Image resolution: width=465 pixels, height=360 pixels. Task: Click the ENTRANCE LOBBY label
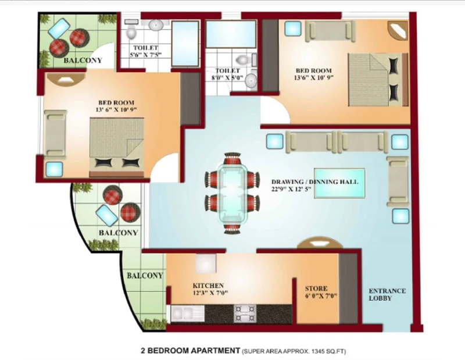click(387, 294)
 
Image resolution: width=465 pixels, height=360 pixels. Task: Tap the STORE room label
click(316, 288)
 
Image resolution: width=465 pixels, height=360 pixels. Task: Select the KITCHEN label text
click(208, 286)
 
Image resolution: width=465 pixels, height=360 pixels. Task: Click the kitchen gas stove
click(245, 313)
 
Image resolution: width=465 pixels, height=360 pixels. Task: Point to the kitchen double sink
click(188, 314)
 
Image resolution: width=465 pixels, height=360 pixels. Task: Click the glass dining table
click(233, 193)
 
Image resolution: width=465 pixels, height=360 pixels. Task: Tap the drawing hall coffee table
click(339, 183)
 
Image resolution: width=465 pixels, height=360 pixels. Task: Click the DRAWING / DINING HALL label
click(314, 181)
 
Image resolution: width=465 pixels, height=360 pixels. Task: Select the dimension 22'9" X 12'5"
click(291, 188)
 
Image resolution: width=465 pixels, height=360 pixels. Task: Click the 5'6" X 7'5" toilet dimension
click(146, 55)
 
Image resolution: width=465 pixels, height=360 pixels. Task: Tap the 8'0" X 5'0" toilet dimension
click(227, 78)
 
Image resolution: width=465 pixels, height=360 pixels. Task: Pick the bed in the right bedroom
click(377, 80)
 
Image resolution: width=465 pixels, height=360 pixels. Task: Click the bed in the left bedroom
click(117, 148)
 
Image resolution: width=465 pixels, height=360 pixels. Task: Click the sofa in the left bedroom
click(55, 133)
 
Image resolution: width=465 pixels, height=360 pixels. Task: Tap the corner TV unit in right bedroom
click(398, 30)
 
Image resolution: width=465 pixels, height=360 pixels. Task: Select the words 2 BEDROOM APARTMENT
click(191, 351)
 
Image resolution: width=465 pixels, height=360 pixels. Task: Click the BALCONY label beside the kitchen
click(145, 276)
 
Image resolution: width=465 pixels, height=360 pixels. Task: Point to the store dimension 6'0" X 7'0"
click(321, 296)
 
